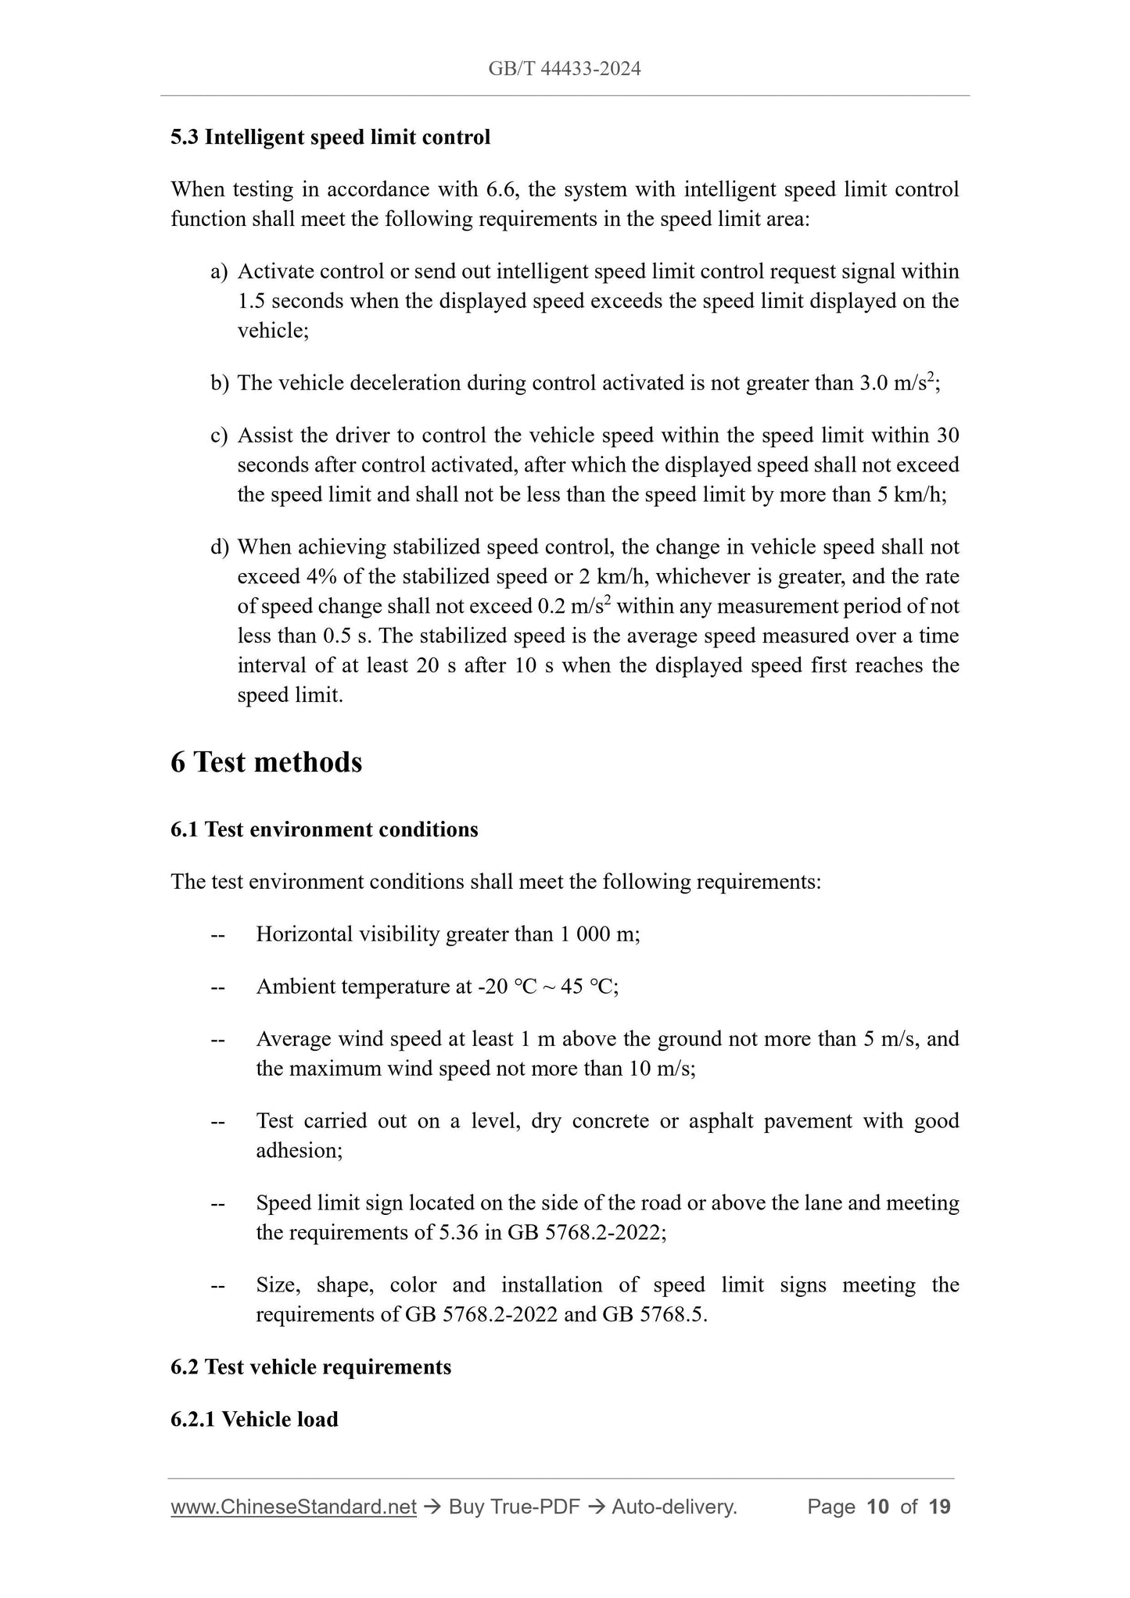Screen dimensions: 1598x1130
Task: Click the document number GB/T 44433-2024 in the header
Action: coord(565,69)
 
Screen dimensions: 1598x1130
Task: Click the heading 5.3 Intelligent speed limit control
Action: coord(330,138)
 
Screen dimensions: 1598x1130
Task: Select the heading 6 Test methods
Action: coord(266,762)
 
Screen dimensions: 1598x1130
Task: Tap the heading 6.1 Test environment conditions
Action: coord(324,829)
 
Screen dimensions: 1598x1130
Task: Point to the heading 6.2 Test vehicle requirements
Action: coord(310,1367)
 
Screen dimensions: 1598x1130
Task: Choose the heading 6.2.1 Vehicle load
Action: coord(254,1420)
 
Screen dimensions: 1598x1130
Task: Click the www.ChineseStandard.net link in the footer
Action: coord(293,1507)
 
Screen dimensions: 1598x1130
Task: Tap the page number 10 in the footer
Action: coord(878,1507)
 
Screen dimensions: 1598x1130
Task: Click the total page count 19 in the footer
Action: coord(939,1507)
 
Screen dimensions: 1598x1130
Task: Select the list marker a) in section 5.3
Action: coord(219,272)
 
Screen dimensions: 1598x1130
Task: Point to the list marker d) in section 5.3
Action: coord(219,547)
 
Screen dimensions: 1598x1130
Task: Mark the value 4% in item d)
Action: coord(321,577)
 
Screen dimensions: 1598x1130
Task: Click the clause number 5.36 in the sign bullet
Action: coord(458,1233)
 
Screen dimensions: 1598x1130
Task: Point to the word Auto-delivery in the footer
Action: coord(674,1507)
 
